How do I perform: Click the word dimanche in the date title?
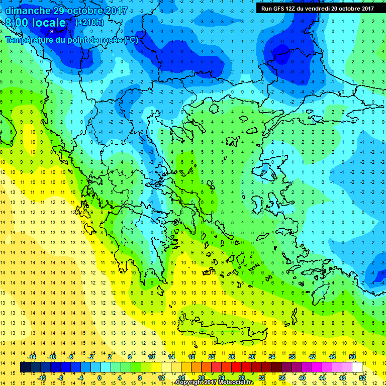point(28,10)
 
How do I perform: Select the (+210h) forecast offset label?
point(89,22)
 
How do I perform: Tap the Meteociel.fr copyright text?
point(215,382)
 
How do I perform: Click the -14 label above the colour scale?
point(32,356)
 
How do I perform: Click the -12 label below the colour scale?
point(42,377)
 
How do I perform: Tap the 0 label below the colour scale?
point(100,377)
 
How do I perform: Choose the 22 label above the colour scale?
point(212,356)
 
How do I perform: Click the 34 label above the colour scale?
point(271,356)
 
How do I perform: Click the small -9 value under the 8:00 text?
point(51,31)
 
